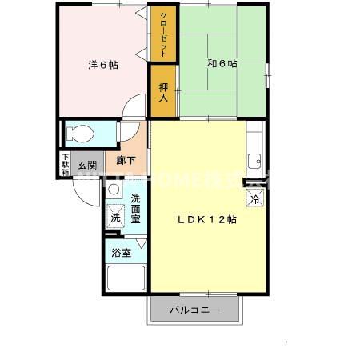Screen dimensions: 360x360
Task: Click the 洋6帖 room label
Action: [103, 65]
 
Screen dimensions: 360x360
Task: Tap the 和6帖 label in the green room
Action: [222, 64]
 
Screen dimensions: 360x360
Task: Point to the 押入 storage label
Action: [163, 92]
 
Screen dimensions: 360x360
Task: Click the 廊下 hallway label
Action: [126, 161]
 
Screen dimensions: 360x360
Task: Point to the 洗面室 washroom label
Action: [136, 208]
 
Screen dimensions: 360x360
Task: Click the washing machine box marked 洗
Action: [115, 216]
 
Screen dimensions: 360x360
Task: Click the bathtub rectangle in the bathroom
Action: [126, 278]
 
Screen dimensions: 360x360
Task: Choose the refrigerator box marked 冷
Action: [255, 198]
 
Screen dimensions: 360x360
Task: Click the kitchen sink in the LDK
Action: [255, 159]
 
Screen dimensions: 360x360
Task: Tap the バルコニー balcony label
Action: [193, 310]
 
